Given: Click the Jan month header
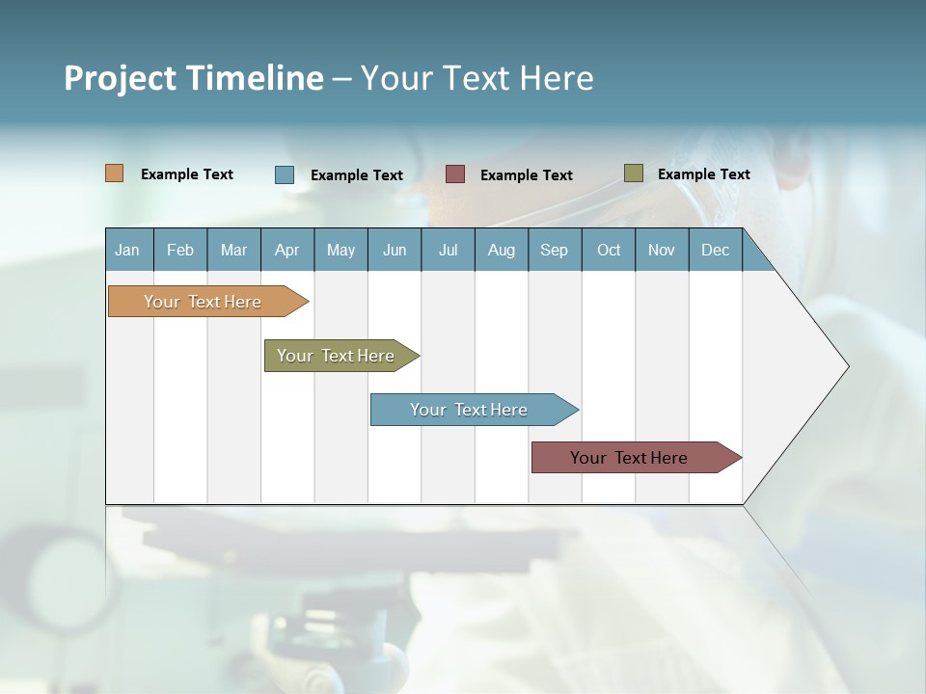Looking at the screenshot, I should [127, 250].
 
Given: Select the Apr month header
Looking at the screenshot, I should [286, 250].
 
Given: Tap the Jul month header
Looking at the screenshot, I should [448, 250].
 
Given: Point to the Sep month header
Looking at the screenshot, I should [554, 250].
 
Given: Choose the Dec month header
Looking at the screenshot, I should [715, 250].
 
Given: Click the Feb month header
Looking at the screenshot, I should [180, 250].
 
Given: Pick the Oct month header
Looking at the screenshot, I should [609, 250].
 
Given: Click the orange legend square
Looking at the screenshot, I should [115, 173].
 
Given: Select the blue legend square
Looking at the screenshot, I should [285, 174].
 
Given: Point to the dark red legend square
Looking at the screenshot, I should [455, 174].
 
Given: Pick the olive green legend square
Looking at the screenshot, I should [634, 173].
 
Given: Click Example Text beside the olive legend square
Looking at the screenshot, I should [703, 174].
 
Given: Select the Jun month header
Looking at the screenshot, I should [395, 250].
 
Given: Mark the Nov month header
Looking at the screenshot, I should [662, 250].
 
